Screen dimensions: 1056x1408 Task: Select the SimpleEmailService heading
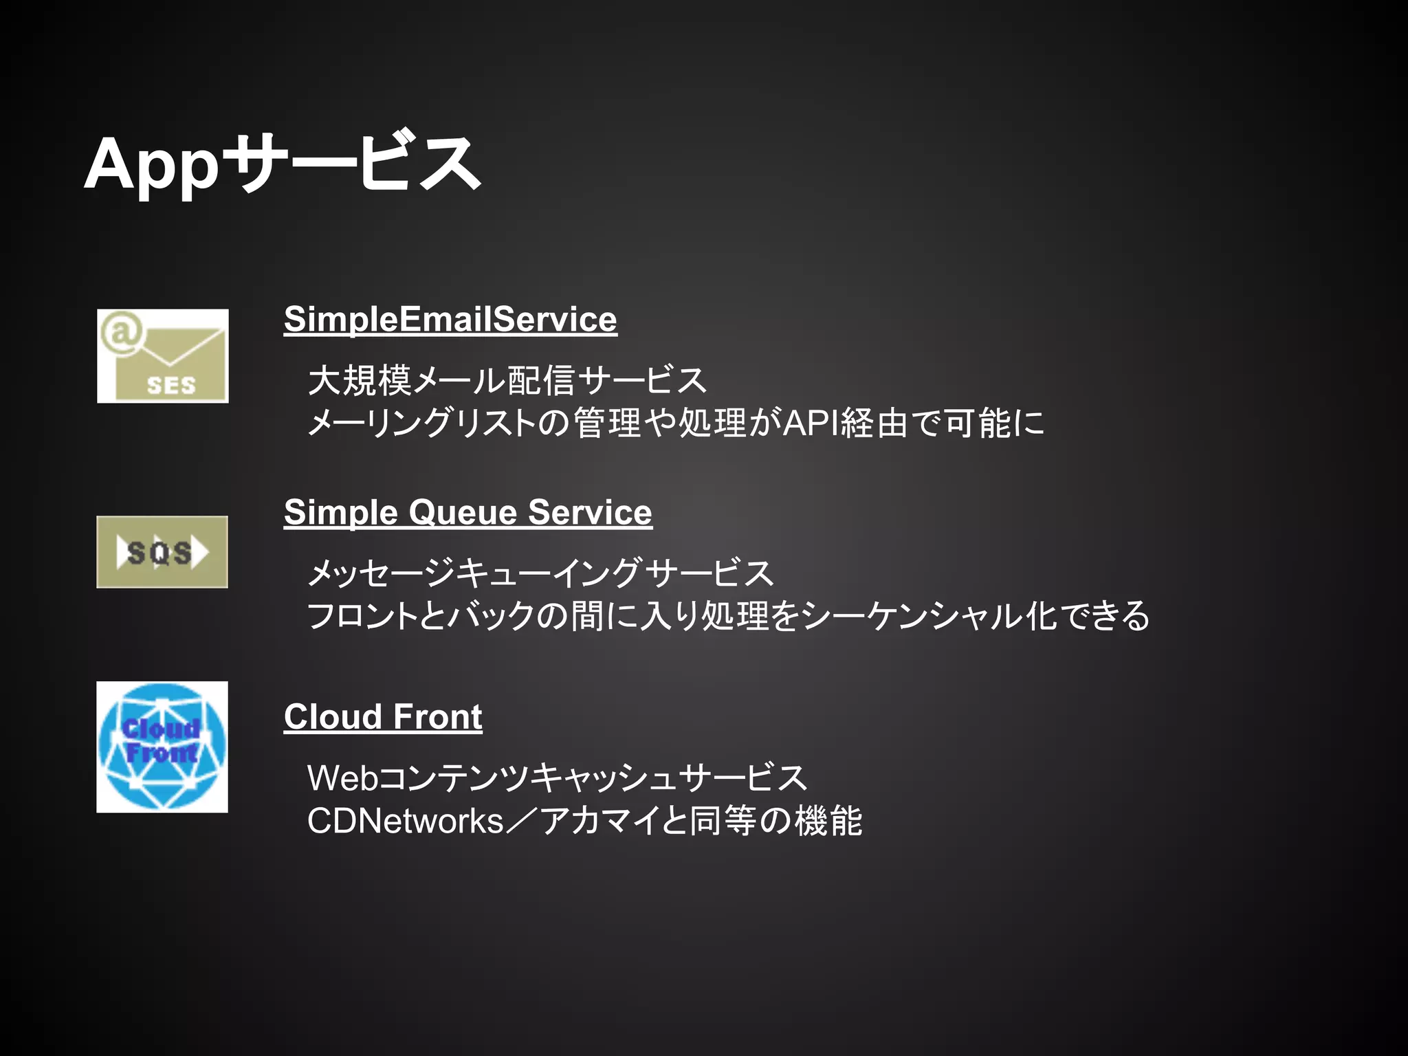tap(450, 320)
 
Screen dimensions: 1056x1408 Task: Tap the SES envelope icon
tap(163, 356)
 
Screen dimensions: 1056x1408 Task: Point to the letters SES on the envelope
tap(171, 386)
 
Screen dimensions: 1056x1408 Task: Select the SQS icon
tap(162, 552)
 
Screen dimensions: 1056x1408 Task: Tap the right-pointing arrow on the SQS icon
tap(200, 552)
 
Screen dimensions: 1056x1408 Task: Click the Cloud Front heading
tap(383, 717)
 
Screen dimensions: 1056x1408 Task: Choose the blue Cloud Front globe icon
tap(162, 747)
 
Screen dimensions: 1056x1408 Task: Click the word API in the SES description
tap(811, 423)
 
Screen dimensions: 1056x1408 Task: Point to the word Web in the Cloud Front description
tap(342, 779)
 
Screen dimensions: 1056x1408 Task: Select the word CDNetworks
tap(406, 821)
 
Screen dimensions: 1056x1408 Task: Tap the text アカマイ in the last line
tap(599, 821)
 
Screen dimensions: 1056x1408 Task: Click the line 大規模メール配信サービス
tap(507, 380)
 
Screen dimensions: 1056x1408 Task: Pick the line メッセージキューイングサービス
tap(541, 573)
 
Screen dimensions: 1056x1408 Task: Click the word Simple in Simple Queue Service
tap(341, 513)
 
